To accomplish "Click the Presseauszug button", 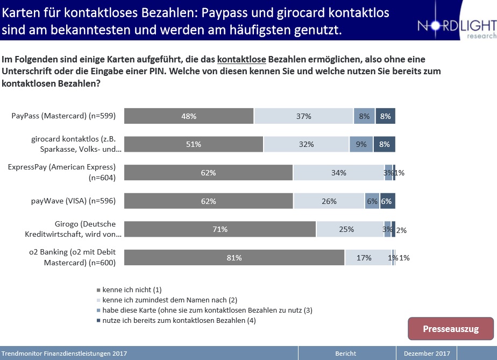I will (450, 329).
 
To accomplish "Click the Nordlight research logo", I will (456, 27).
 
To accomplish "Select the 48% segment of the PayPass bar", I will (189, 116).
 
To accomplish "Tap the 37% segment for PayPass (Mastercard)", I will (303, 116).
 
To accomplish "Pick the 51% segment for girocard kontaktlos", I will (194, 144).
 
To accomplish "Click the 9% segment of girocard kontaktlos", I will (361, 144).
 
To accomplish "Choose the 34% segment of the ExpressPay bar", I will (338, 173).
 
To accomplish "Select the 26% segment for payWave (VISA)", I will (329, 201).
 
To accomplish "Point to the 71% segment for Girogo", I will (220, 229).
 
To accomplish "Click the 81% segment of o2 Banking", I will (234, 258).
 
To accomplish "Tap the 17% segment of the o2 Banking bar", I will (367, 258).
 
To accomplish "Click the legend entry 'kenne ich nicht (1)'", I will (131, 290).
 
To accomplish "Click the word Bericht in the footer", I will (345, 354).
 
